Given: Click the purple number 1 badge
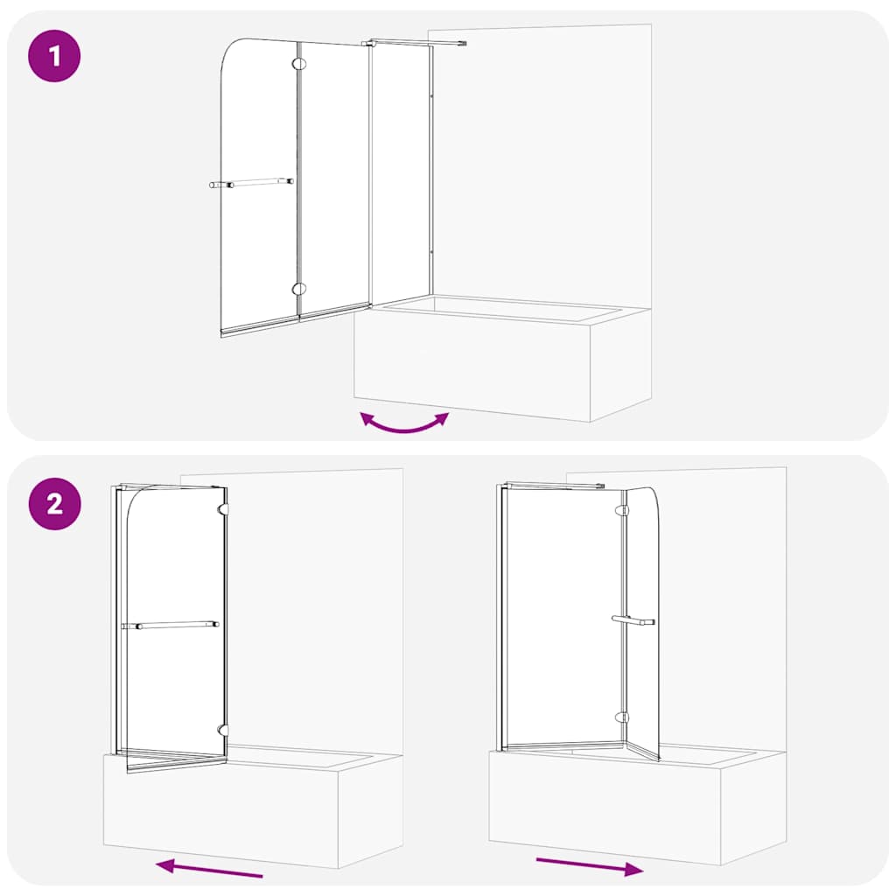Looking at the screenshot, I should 54,57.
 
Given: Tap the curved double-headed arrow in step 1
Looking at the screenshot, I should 404,423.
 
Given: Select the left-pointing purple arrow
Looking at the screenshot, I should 209,868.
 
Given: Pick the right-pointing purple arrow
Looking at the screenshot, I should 590,866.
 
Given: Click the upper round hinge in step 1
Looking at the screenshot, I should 299,63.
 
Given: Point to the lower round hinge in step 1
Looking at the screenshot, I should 299,289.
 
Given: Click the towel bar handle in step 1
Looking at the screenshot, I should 251,183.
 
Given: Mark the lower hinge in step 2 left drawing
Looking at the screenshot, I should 224,729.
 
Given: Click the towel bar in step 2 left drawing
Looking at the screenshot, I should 171,625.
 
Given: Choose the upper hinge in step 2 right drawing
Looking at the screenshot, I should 622,509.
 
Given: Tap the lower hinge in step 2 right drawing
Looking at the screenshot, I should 622,717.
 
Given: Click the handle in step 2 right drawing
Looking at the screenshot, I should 633,620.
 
